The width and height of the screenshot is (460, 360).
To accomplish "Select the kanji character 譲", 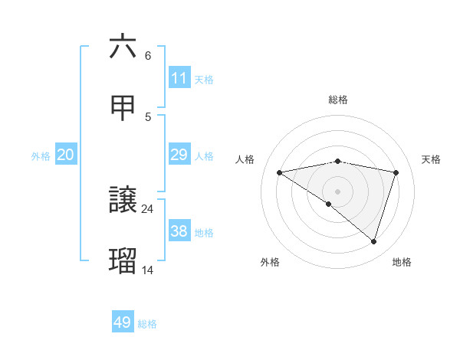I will tap(123, 201).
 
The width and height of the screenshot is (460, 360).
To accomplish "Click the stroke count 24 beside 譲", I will tap(148, 208).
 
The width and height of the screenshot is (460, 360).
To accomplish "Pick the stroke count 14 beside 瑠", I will tap(148, 270).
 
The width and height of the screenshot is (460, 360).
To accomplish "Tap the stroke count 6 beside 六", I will tap(148, 55).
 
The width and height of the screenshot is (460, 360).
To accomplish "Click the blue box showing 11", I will tap(179, 78).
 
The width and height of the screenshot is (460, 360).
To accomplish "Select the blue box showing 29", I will tap(179, 155).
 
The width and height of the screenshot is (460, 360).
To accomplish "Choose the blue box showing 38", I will tap(179, 231).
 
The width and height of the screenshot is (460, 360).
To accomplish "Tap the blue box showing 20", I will tap(66, 155).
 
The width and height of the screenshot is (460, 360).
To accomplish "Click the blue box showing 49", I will tap(123, 322).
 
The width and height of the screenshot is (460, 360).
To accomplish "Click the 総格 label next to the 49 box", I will tap(147, 324).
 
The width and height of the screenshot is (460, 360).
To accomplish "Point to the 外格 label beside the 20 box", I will tap(41, 156).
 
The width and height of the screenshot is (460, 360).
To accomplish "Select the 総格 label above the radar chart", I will tap(338, 100).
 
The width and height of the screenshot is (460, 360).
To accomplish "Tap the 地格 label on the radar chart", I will tap(402, 262).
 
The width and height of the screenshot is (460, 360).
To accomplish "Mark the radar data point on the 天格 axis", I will tap(396, 172).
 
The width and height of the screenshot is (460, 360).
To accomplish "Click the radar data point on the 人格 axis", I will tap(280, 172).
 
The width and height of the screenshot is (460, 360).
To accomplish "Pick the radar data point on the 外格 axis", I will tap(329, 204).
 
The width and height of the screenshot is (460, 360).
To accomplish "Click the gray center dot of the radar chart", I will tap(338, 191).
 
